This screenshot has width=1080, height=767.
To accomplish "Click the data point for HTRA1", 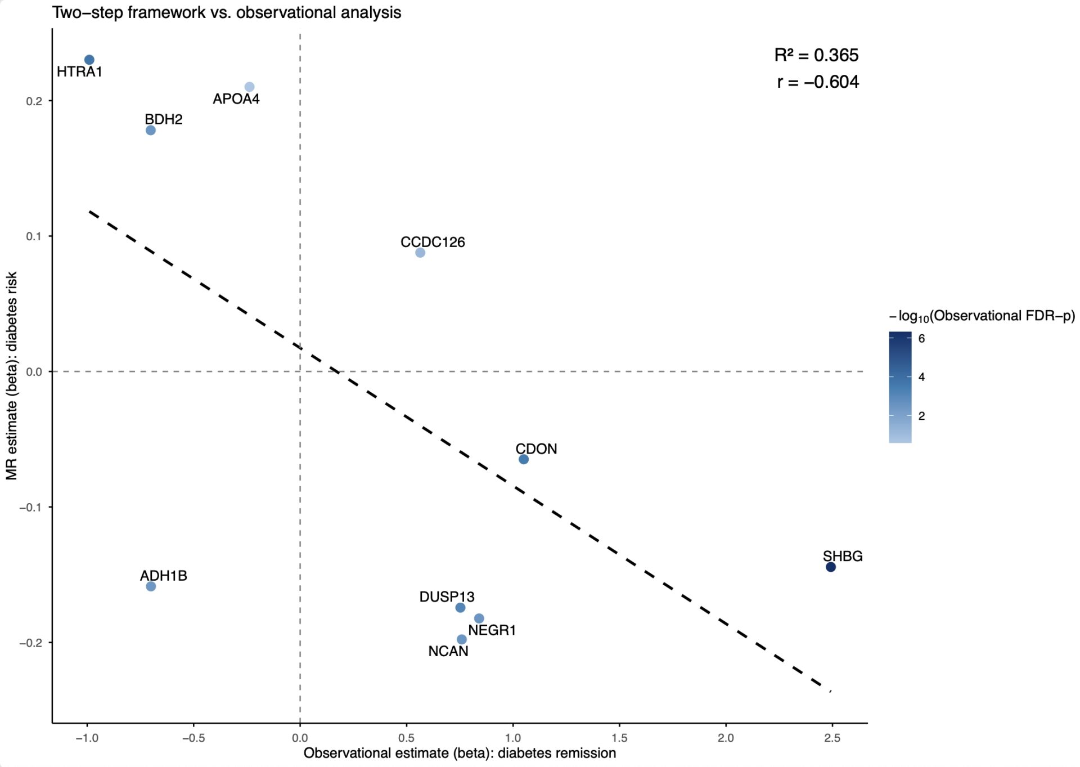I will coord(89,60).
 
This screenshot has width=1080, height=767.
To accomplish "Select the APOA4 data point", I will coord(249,87).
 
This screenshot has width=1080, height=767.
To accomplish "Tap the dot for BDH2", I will coord(151,130).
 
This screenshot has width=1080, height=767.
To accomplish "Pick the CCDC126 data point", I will coord(420,253).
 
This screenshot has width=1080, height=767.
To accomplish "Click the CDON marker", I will coord(524,459).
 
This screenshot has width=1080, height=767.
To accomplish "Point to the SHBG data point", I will coord(831,567).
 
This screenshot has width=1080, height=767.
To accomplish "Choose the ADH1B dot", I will coord(151,586).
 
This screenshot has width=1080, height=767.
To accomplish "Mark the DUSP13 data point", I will coord(460,607).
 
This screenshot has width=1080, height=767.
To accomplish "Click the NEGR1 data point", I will coord(479,618).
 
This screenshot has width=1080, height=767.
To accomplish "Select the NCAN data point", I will coord(462,639).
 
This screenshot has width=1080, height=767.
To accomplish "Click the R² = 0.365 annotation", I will coord(816,55).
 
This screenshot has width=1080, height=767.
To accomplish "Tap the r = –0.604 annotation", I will coord(818,82).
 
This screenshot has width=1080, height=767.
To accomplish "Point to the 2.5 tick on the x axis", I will coord(832,738).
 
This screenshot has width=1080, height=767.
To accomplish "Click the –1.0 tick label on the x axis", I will coord(87,738).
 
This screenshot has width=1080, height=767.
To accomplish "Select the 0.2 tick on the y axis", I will coord(34,101).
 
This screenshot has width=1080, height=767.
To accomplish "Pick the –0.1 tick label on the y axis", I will coord(31,507).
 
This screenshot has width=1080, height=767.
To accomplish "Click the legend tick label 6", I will coord(921,338).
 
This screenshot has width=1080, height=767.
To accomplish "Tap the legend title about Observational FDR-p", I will coord(982,316).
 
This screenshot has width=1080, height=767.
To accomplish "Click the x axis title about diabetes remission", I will coord(460,753).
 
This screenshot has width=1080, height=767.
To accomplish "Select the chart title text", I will coord(227,12).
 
